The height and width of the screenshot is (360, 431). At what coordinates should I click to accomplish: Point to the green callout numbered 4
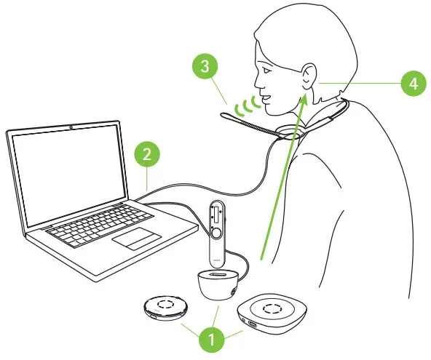[413, 84]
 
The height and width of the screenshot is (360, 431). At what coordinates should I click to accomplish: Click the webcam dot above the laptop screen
[71, 127]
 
